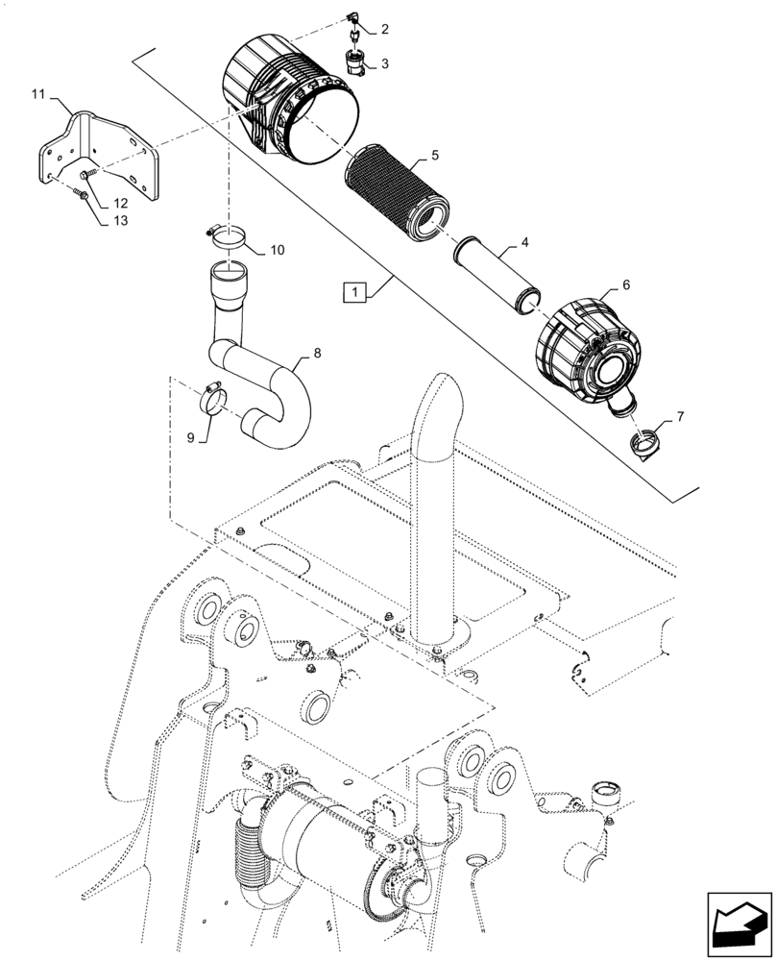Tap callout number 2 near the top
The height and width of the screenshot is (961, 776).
[x=384, y=30]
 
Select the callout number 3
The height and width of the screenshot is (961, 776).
[x=384, y=63]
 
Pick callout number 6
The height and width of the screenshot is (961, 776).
[x=625, y=285]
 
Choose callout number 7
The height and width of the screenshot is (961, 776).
[x=681, y=417]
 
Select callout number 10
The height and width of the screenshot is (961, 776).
[x=277, y=251]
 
